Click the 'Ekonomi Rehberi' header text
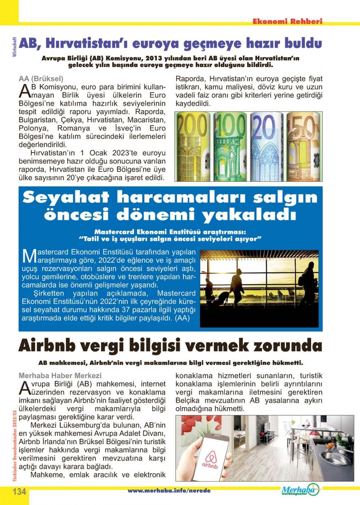coord(287,21)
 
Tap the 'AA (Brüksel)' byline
coord(41,79)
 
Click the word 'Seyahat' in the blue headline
coord(65,197)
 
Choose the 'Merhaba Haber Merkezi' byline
coord(60,375)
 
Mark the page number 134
coord(19,492)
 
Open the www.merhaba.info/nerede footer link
coord(169,490)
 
